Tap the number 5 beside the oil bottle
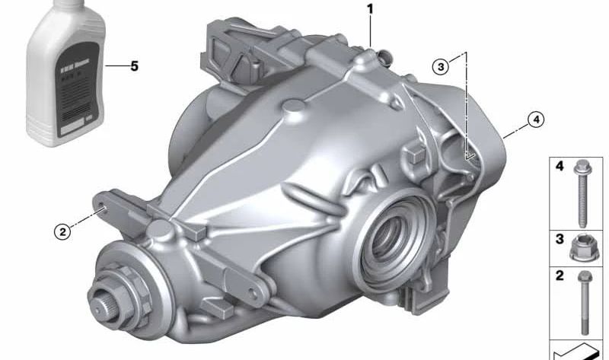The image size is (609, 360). point(134,66)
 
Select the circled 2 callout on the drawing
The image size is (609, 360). point(62,231)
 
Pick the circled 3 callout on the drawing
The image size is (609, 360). point(441,67)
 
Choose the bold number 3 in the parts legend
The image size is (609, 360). point(559,239)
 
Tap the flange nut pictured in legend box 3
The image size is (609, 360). point(584,247)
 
